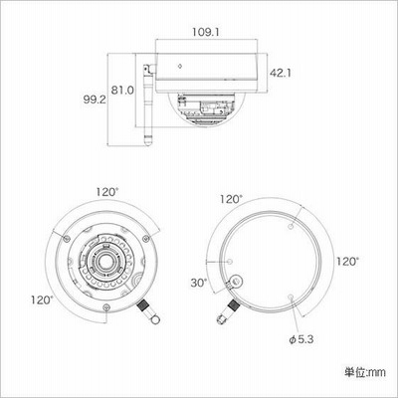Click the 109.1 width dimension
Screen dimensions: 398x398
tap(206, 32)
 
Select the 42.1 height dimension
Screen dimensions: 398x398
tap(281, 73)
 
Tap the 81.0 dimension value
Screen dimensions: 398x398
tap(122, 90)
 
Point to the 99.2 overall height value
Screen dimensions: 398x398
tap(95, 99)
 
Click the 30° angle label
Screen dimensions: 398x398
tap(199, 283)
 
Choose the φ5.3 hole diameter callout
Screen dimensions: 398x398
tap(301, 339)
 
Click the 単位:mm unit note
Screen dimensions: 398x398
tap(365, 372)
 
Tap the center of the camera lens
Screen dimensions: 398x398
tap(104, 262)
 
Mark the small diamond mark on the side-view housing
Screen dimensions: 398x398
tap(180, 66)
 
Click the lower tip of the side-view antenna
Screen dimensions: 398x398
tap(146, 144)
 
